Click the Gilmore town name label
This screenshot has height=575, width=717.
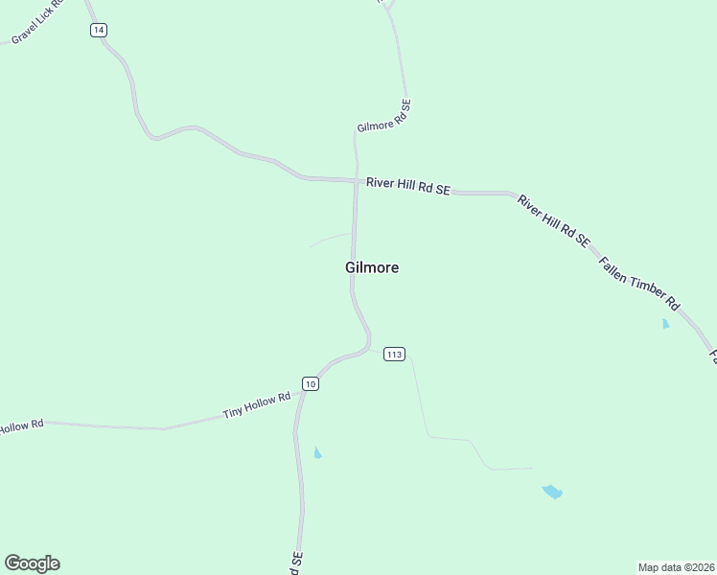[x=372, y=268]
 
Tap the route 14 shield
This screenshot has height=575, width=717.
[x=99, y=31]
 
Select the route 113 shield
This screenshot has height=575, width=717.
[x=394, y=355]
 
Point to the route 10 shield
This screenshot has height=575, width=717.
[x=310, y=383]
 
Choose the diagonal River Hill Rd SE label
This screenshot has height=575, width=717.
[x=553, y=221]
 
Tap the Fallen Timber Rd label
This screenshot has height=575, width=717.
[x=638, y=283]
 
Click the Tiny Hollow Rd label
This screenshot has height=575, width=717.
[x=256, y=405]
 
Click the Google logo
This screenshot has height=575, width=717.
[x=32, y=563]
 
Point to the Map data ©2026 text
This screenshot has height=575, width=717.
[x=676, y=566]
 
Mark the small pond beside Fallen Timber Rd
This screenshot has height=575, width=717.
[x=665, y=324]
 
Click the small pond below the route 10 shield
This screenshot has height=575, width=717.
[x=317, y=452]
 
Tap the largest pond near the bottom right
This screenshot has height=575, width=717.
[x=552, y=492]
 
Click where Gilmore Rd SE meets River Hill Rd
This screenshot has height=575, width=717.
[x=356, y=179]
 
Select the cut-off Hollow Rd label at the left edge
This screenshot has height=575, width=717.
[x=21, y=425]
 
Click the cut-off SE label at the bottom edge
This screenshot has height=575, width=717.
[x=295, y=560]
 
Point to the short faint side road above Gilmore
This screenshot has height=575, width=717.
[x=331, y=239]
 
